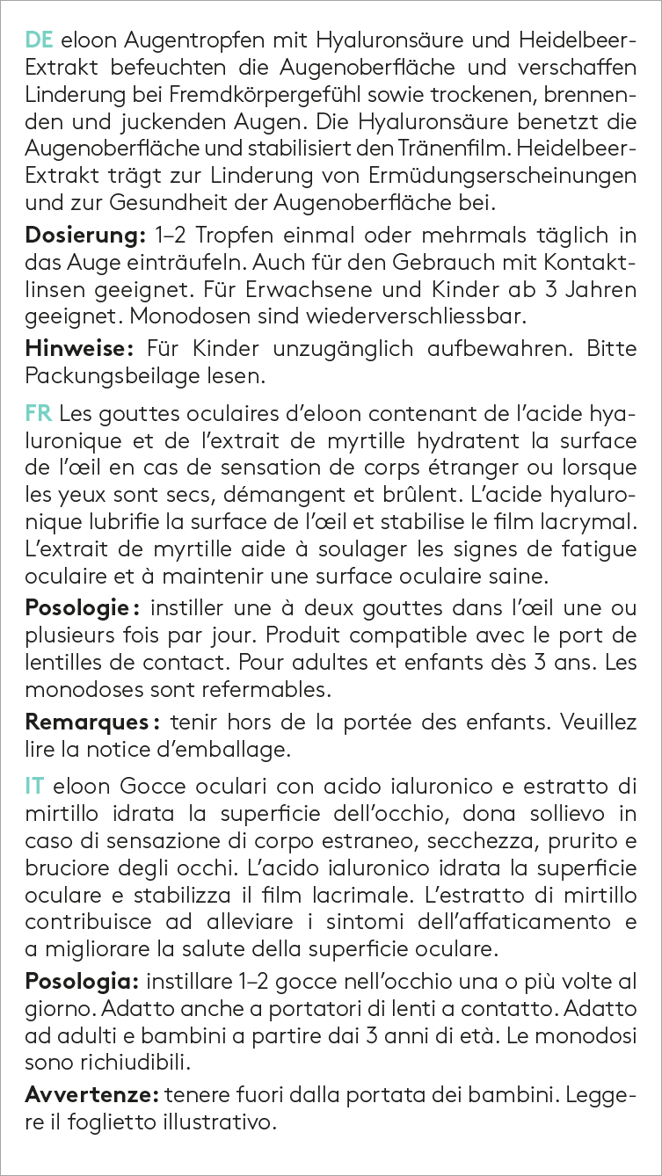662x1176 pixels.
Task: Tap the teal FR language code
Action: [x=38, y=412]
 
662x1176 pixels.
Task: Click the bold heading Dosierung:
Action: [x=79, y=236]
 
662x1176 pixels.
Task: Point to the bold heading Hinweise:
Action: [x=79, y=349]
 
